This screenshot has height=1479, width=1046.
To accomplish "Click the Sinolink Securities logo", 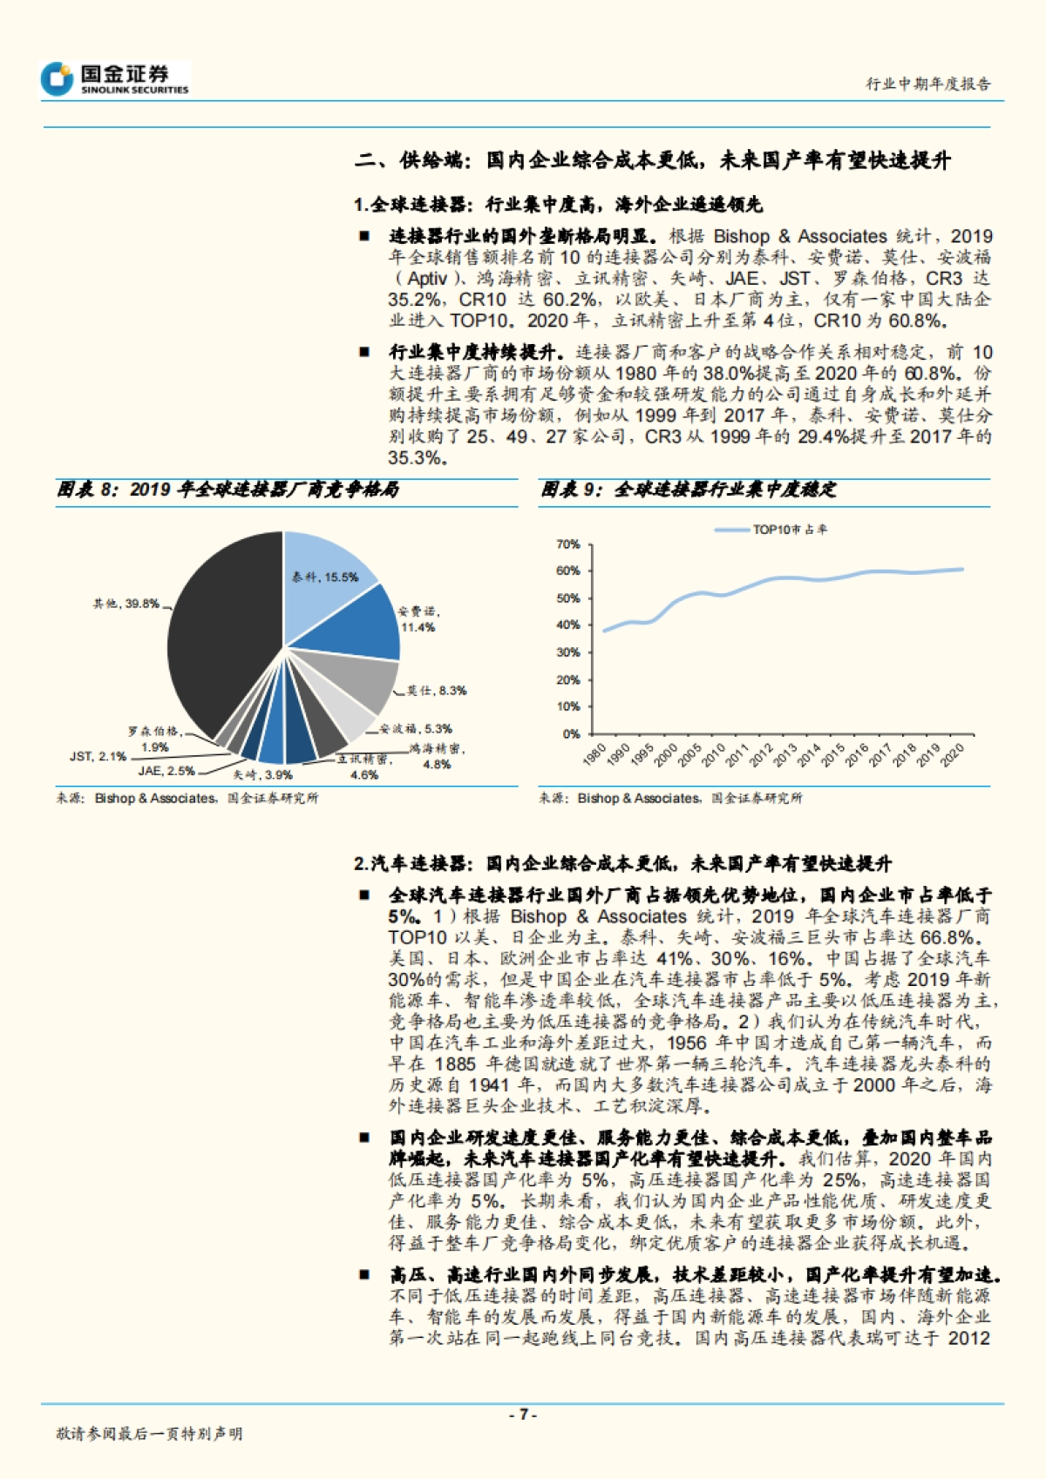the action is (114, 78).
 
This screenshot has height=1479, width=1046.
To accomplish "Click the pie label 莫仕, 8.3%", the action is (436, 691).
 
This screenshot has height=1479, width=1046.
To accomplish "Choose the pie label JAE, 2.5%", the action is (166, 771).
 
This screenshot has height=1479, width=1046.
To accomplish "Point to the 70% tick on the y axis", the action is (567, 544).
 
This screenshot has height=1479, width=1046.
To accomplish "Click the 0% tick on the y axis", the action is (571, 733).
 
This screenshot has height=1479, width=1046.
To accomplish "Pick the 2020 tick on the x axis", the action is (953, 754).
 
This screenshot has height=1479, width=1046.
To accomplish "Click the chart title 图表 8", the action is (228, 490).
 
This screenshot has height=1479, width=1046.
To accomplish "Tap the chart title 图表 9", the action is (688, 490).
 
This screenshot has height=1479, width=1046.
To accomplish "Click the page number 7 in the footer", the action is (522, 1415).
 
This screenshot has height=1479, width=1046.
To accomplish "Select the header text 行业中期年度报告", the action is (927, 84).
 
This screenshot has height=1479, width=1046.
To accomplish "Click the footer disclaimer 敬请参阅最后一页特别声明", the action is (149, 1434).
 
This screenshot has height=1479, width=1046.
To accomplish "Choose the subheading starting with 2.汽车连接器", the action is (622, 863).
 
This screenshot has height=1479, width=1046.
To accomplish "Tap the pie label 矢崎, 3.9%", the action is (262, 774).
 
